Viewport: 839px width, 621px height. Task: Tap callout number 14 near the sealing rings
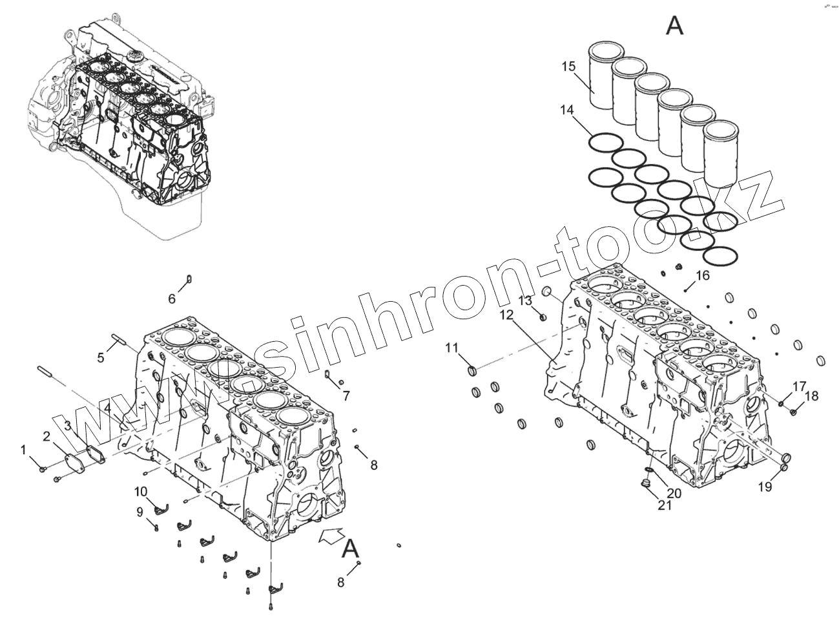566,111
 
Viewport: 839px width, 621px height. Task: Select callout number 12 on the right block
506,315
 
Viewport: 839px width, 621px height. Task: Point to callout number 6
172,299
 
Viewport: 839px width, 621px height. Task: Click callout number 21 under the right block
665,505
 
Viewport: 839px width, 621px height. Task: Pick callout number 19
765,487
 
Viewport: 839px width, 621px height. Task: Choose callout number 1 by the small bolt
24,449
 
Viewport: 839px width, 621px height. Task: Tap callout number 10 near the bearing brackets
141,491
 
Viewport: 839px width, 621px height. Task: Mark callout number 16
702,275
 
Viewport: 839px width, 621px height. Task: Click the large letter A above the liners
674,26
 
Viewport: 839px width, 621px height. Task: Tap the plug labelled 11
472,370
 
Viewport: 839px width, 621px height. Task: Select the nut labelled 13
543,316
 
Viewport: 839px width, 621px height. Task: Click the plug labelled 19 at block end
785,459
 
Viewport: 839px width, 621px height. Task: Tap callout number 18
811,395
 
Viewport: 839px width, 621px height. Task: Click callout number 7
346,395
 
